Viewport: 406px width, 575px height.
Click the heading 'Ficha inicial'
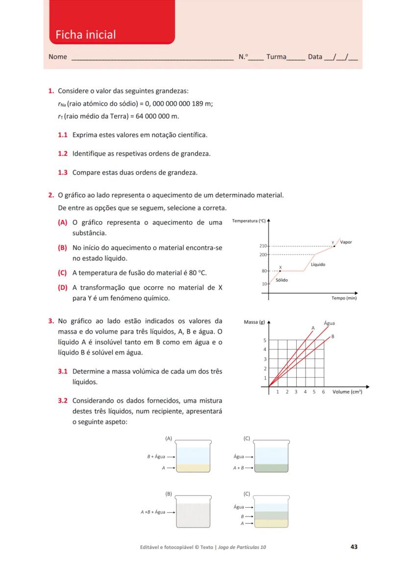click(86, 35)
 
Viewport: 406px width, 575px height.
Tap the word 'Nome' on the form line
click(58, 57)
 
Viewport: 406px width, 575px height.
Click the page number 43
click(354, 547)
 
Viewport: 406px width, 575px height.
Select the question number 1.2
click(63, 154)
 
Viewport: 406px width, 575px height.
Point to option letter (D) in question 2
click(62, 288)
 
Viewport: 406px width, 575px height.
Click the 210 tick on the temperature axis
click(262, 246)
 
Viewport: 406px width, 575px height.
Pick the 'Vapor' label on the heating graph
click(346, 242)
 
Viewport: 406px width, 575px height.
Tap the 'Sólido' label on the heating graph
click(282, 280)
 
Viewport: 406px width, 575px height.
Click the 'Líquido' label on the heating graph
click(318, 265)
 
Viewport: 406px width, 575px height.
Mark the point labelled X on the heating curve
click(280, 271)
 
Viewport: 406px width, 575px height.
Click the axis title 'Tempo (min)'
click(344, 298)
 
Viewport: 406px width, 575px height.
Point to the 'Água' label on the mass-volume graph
click(330, 323)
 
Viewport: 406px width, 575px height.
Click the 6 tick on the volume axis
click(324, 392)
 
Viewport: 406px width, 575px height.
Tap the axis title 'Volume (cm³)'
click(347, 392)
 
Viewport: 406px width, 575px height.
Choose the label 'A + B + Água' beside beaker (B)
click(152, 512)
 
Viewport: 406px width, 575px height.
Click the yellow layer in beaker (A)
click(194, 468)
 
